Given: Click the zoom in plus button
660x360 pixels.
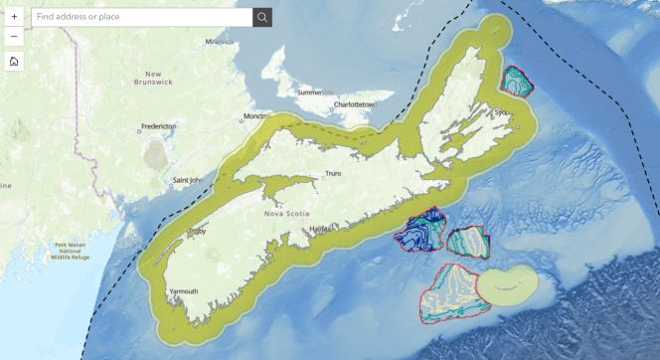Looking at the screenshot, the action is point(14,17).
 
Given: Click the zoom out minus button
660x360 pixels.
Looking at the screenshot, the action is point(14,37).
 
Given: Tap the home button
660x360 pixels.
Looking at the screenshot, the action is point(14,62).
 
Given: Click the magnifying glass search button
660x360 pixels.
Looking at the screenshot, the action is point(262,17).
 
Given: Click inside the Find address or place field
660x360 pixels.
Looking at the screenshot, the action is point(139,17).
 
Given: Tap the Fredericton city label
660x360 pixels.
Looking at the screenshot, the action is point(159,126).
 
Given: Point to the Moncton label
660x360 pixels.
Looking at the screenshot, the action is point(257,115).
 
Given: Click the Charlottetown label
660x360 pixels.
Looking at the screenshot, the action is point(352,103).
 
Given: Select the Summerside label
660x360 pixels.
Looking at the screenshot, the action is point(316,92).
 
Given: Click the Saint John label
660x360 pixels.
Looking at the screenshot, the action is point(188,181).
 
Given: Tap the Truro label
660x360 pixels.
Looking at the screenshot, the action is point(333,174).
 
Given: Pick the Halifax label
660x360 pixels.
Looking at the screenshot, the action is point(320,229).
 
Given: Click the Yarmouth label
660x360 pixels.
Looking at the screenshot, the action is point(183,291).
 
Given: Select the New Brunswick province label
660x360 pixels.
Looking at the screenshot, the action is point(153,79).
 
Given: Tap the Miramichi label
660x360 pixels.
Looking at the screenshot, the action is point(219,42).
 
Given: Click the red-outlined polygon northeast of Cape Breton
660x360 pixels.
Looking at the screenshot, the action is point(518,83).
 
